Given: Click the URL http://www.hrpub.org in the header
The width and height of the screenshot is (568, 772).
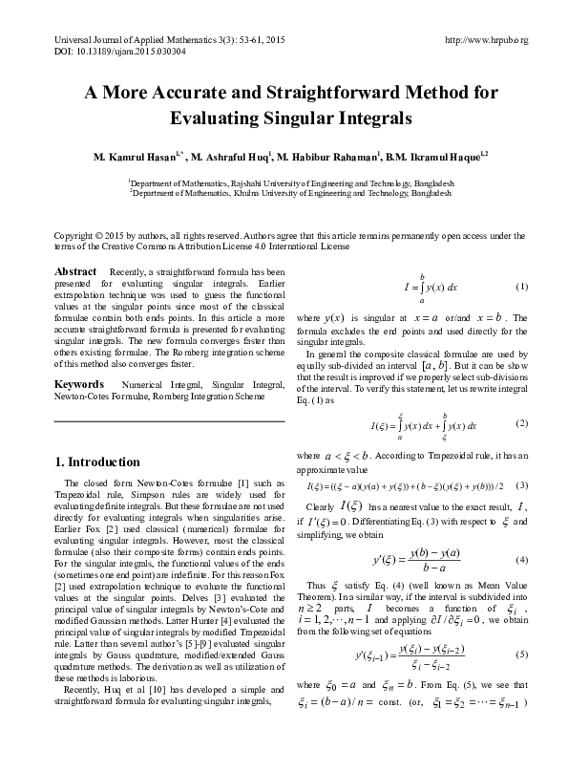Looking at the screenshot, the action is point(487,39).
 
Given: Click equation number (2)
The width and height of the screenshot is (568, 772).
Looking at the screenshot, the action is point(521,423).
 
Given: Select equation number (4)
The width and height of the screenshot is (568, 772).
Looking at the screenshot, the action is point(521,559).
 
